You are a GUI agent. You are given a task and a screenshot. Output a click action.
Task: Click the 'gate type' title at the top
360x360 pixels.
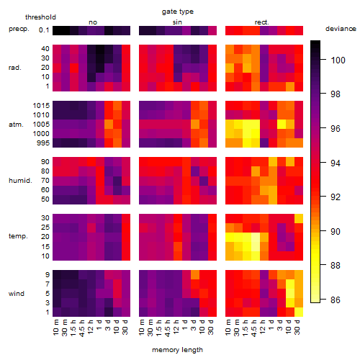(178, 12)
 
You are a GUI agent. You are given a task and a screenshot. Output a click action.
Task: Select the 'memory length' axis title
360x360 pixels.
(177, 350)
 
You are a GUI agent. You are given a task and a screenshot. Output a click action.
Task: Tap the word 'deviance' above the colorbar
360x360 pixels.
(341, 29)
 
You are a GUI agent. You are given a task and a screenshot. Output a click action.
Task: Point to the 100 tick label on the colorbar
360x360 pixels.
(338, 60)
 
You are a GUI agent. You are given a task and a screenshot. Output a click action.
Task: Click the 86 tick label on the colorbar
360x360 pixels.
(336, 300)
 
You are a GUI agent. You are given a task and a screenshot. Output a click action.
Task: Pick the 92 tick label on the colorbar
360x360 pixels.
(336, 197)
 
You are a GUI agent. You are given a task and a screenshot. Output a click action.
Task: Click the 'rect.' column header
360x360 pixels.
(261, 22)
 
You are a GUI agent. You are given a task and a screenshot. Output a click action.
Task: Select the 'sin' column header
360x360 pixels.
(177, 22)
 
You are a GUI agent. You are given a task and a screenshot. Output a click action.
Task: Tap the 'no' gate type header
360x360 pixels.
(93, 22)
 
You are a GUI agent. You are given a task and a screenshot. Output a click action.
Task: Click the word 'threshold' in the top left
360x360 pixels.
(40, 17)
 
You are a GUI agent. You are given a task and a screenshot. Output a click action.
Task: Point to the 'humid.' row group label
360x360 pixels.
(20, 181)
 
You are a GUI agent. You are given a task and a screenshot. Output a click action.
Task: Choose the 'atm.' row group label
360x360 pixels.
(16, 125)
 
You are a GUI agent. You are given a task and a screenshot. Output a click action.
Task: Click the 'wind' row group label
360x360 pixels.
(17, 294)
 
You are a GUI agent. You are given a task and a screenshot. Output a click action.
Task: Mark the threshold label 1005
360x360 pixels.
(41, 125)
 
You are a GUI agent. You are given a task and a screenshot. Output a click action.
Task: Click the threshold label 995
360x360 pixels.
(43, 143)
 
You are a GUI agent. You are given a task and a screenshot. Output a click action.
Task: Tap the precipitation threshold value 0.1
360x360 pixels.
(44, 30)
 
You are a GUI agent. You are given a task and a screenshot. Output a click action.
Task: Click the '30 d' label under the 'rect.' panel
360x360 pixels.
(297, 327)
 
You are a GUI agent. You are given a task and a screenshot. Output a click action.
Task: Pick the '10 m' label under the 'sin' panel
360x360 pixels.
(142, 328)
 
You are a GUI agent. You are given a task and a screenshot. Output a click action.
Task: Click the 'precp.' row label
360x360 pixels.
(19, 30)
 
